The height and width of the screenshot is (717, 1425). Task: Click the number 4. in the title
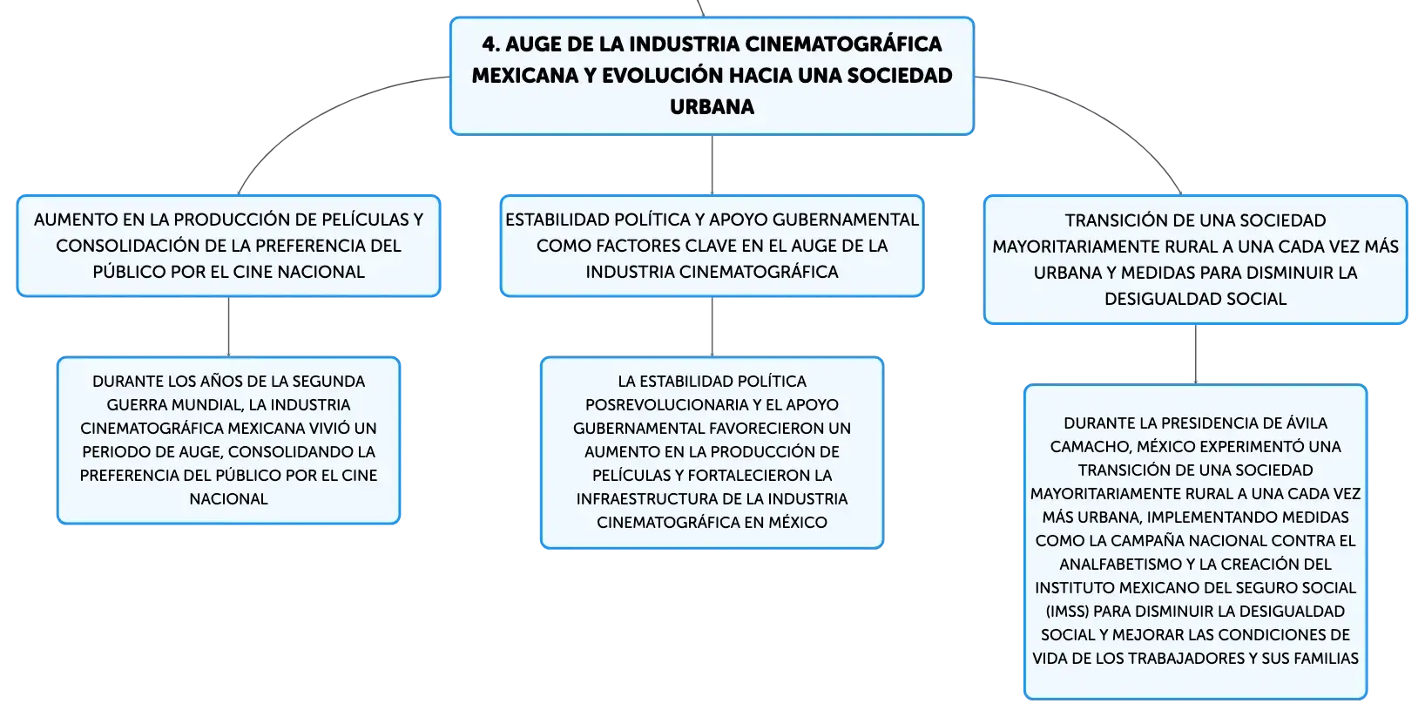490,44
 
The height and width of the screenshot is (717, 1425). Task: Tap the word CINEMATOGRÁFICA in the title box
843,44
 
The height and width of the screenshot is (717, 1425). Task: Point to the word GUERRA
133,405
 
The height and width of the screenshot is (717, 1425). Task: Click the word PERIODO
110,452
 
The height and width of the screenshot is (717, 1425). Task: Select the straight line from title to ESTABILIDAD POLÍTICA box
712,165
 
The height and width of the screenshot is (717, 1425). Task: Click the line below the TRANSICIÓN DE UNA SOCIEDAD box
1195,355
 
